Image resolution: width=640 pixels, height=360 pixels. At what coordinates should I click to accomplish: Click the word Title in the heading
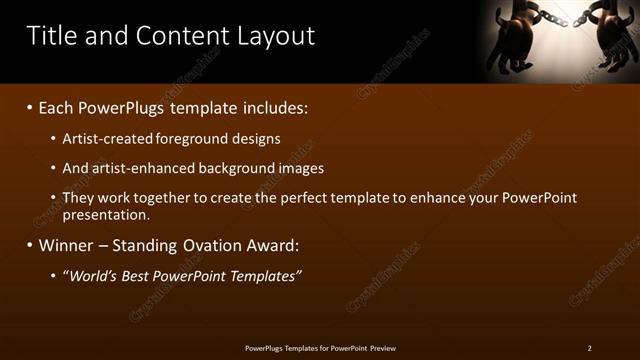click(x=48, y=36)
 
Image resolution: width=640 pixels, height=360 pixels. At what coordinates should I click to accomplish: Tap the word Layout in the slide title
click(x=275, y=36)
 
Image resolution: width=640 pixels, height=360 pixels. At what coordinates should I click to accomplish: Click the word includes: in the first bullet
click(x=272, y=107)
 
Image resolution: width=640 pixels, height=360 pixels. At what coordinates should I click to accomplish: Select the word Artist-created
click(x=105, y=139)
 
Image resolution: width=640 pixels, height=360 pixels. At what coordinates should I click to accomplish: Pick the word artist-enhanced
click(x=137, y=168)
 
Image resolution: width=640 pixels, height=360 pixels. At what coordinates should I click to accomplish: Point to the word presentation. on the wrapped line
click(x=106, y=214)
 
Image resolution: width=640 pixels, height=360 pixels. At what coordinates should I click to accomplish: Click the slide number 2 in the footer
click(x=589, y=348)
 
